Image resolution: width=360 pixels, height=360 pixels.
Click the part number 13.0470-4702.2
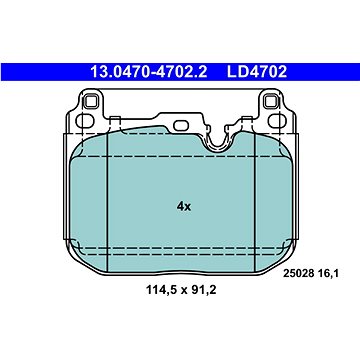pos(149,72)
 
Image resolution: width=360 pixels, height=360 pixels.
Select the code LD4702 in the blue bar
pos(257,72)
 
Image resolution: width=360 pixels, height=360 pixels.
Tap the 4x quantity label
pos(184,207)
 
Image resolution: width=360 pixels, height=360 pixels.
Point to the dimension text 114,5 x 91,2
pos(181,290)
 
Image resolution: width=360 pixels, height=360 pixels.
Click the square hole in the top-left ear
pos(90,101)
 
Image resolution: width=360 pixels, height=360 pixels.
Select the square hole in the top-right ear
pos(270,101)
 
